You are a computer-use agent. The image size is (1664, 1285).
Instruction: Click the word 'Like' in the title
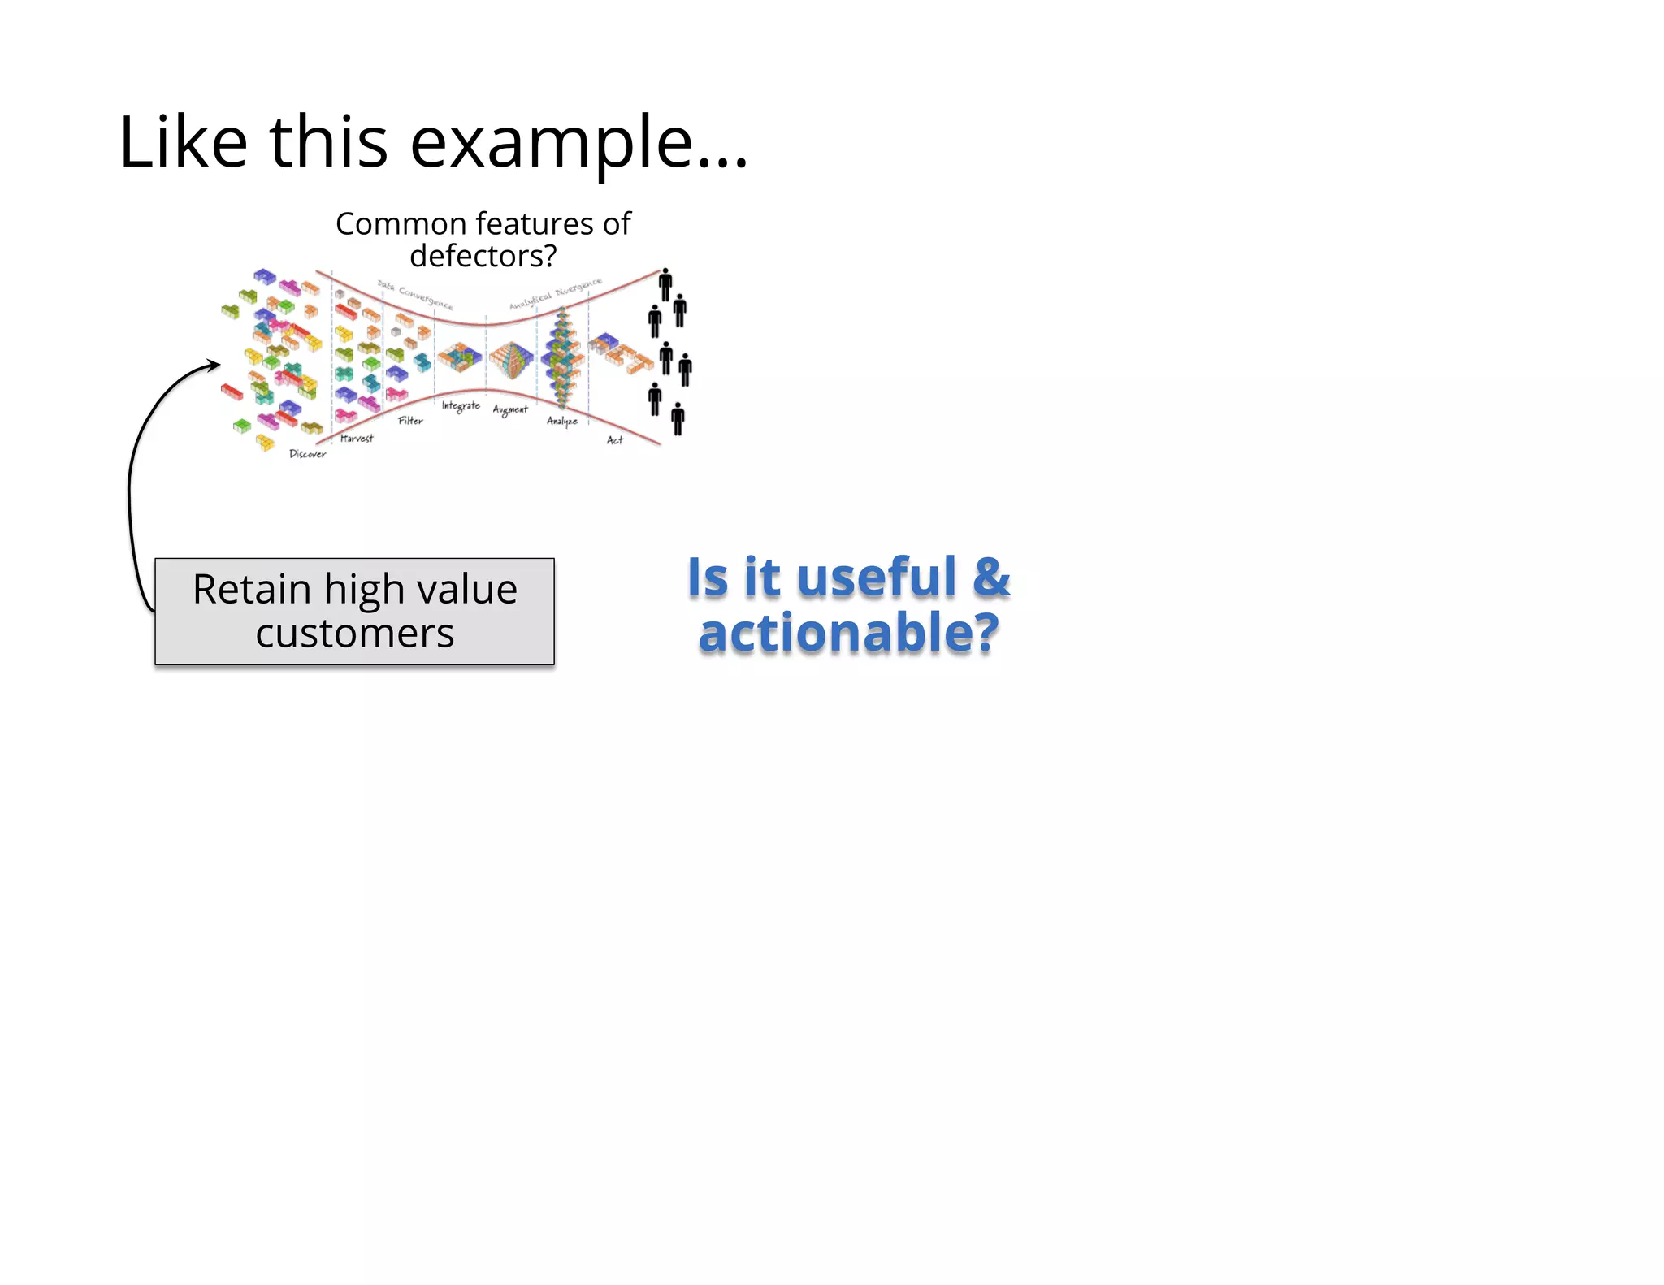(x=183, y=142)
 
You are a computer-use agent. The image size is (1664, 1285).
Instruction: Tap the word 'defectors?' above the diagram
(x=483, y=257)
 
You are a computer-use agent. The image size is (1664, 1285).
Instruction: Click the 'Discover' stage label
(x=307, y=454)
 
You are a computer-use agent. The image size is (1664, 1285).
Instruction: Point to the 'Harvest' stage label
(x=357, y=439)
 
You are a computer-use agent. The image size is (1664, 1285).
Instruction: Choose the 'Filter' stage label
(x=410, y=421)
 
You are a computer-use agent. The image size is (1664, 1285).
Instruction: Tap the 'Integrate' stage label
(x=461, y=405)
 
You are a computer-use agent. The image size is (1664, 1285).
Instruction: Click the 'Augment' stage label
(x=510, y=409)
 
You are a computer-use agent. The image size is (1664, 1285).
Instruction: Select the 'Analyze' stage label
(x=561, y=421)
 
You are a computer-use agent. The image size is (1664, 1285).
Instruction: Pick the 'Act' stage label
(x=614, y=440)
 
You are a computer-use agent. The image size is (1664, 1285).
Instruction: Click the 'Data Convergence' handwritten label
(x=415, y=295)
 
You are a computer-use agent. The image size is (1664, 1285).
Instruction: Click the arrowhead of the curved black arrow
(x=214, y=365)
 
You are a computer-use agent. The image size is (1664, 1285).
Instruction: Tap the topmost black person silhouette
(x=665, y=283)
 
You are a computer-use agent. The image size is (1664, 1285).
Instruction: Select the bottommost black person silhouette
(x=678, y=418)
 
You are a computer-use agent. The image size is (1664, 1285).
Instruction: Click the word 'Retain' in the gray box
(x=252, y=590)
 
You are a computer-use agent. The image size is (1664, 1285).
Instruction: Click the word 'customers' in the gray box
(x=354, y=634)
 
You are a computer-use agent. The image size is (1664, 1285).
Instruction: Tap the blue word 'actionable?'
(x=848, y=633)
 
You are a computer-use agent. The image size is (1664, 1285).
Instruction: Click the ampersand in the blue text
(x=990, y=577)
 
